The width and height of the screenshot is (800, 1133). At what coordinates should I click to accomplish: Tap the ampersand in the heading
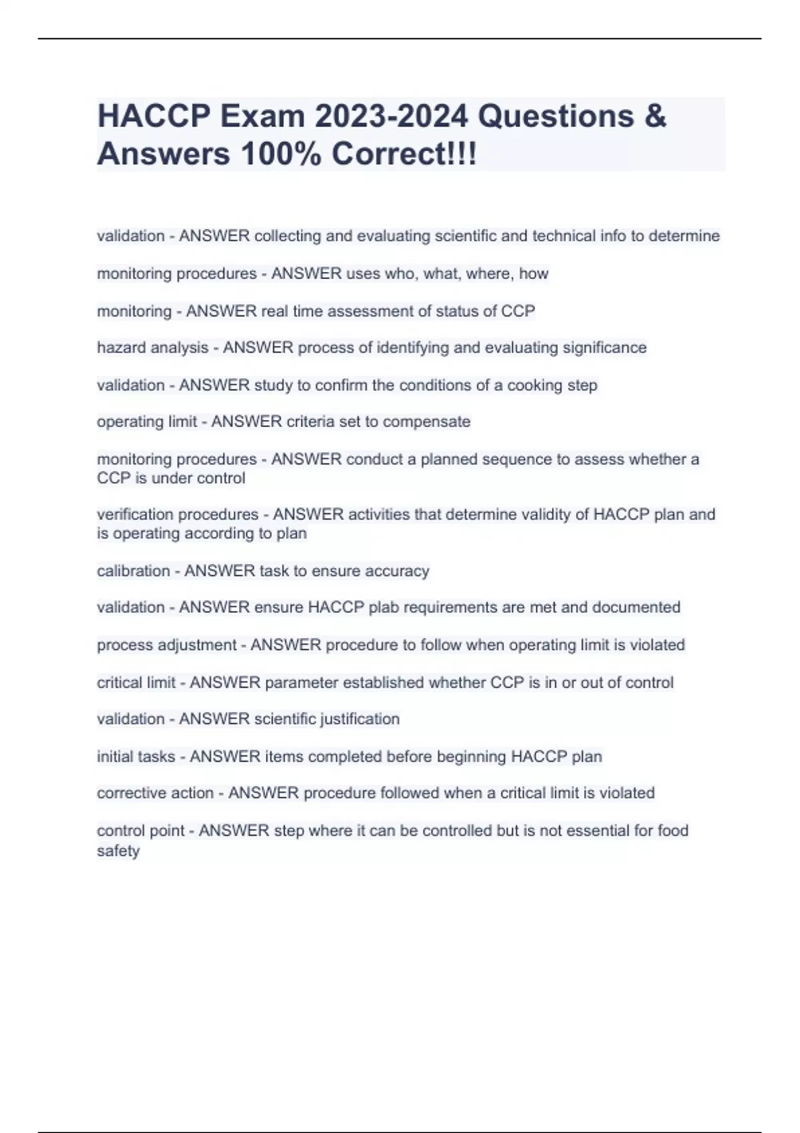point(655,117)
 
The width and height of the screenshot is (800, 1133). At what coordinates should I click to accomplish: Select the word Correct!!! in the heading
point(404,155)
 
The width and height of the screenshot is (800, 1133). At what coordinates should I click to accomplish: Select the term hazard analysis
point(153,348)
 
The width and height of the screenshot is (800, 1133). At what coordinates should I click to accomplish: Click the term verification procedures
point(177,515)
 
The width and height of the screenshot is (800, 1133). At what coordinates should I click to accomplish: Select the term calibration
point(133,571)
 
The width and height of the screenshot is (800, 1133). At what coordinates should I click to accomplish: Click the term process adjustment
point(167,645)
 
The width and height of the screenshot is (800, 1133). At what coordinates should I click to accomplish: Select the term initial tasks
point(136,756)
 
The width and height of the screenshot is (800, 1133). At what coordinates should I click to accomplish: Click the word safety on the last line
point(118,851)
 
